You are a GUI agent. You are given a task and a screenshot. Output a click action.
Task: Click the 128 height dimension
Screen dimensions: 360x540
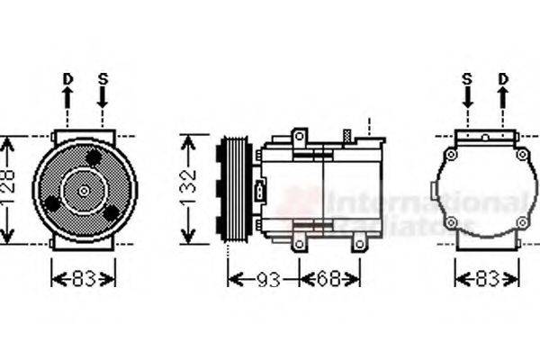coord(9,190)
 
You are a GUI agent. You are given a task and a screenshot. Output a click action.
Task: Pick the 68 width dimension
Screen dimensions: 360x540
coord(329,279)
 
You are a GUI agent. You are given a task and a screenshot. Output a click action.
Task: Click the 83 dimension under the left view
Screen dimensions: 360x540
coord(83,279)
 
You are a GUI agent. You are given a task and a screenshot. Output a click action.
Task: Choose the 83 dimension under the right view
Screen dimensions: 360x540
coord(487,279)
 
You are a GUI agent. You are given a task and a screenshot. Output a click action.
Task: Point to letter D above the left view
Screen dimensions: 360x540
coord(67,79)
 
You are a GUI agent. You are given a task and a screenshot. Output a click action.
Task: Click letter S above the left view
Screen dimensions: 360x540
coord(103,79)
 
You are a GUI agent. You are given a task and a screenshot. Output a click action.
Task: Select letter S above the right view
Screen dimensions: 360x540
coord(467,79)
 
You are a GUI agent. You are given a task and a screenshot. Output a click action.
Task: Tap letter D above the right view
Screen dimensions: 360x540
coord(502,79)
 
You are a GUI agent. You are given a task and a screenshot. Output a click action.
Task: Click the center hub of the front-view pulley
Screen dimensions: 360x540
coord(84,190)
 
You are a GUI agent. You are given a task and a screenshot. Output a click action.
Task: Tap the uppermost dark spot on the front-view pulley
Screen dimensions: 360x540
coord(94,157)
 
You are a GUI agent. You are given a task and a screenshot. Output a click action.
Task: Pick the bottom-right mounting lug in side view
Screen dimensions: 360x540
coord(359,242)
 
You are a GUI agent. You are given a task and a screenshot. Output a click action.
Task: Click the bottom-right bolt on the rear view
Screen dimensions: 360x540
coord(522,221)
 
